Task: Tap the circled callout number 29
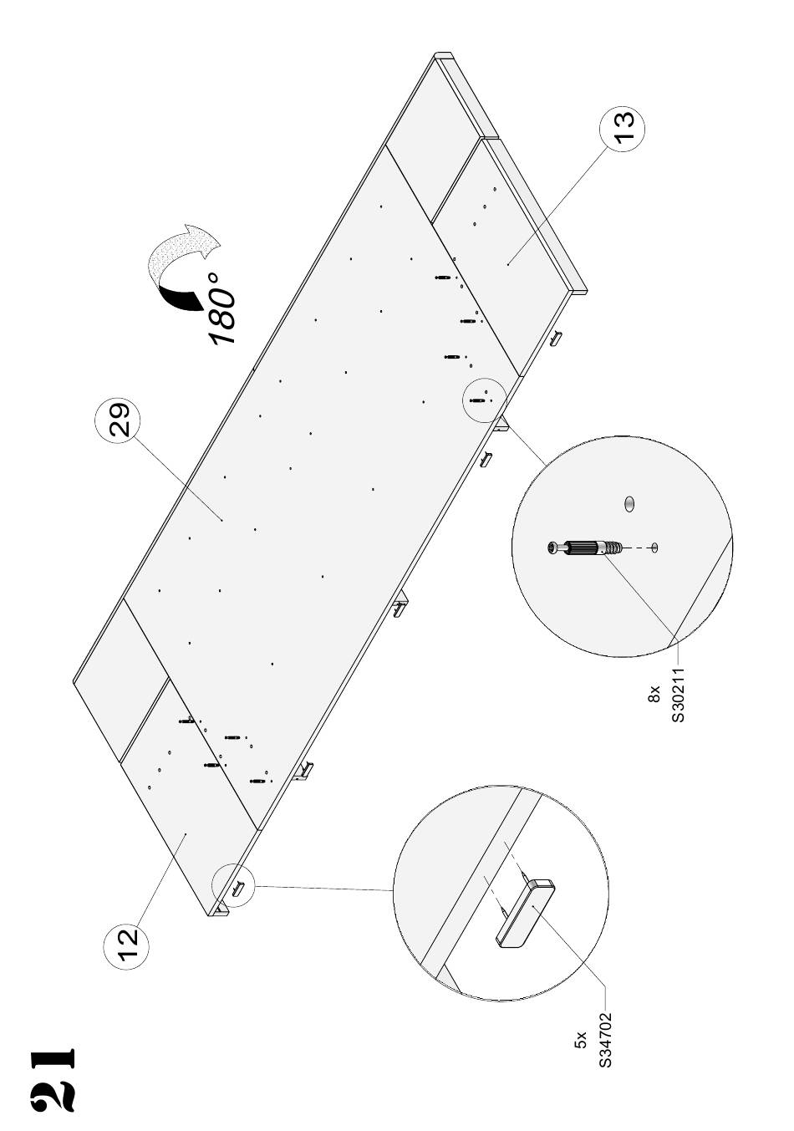pos(118,420)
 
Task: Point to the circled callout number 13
pos(623,128)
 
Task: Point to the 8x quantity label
pos(654,695)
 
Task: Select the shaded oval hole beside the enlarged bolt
pos(629,503)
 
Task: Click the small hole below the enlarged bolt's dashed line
pos(655,547)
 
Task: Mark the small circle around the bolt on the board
pos(484,400)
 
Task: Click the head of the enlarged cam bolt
pos(553,547)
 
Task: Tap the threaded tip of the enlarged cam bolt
pos(613,547)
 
